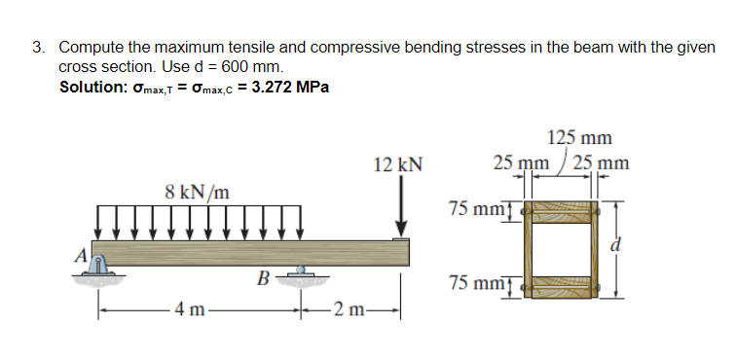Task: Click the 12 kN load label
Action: pos(397,164)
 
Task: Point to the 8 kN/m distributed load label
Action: pos(198,191)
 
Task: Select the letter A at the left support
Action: pos(84,257)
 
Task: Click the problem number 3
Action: pos(38,47)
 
